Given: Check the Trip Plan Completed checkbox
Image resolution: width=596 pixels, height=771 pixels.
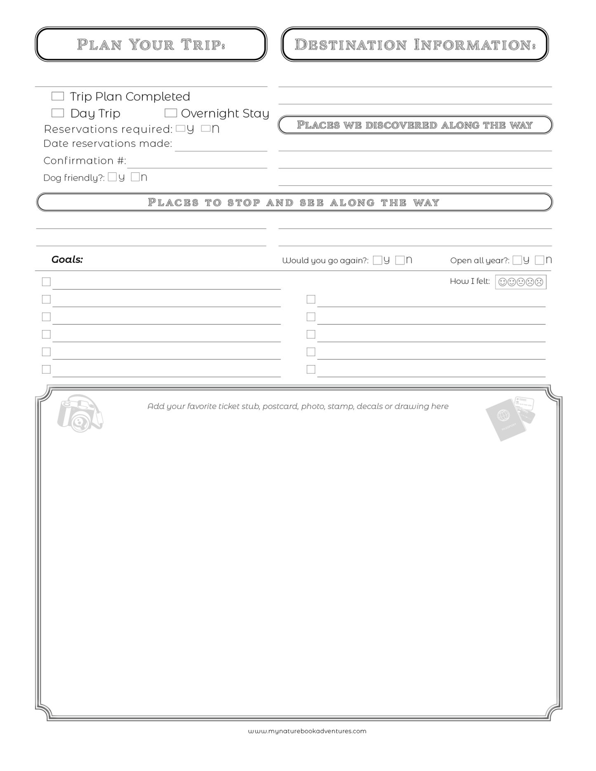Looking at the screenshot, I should pyautogui.click(x=57, y=96).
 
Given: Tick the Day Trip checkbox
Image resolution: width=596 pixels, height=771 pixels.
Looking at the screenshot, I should pyautogui.click(x=57, y=113).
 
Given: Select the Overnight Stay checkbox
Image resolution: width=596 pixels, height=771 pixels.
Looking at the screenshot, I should pyautogui.click(x=170, y=113).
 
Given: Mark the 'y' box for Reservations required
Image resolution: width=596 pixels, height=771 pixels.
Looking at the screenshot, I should pyautogui.click(x=180, y=128).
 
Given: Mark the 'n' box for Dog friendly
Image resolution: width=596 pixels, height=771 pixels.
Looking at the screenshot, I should pyautogui.click(x=135, y=177).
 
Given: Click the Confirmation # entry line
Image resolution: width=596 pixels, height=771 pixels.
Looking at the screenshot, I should pyautogui.click(x=197, y=163).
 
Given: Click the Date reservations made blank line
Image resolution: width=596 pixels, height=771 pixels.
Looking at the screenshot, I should pyautogui.click(x=221, y=146).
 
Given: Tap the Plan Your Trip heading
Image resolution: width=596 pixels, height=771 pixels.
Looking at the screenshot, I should pyautogui.click(x=151, y=45).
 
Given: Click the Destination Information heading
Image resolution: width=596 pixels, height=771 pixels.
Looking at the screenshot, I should pyautogui.click(x=415, y=45).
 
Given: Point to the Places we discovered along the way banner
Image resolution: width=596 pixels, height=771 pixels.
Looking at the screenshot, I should pyautogui.click(x=415, y=125).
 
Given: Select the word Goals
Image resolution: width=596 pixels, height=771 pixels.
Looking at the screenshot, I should pyautogui.click(x=67, y=259).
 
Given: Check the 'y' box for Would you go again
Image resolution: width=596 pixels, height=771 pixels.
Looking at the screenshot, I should pyautogui.click(x=377, y=260).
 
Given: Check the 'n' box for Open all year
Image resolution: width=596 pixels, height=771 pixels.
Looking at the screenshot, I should pyautogui.click(x=539, y=260).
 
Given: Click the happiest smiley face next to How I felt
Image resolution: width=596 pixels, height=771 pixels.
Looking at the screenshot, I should pyautogui.click(x=502, y=282).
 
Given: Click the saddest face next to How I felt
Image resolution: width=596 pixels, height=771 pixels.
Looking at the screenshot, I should pyautogui.click(x=539, y=282).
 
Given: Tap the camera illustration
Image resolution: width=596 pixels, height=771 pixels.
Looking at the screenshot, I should pyautogui.click(x=80, y=414).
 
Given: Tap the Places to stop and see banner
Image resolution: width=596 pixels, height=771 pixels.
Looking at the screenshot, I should pyautogui.click(x=294, y=202).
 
